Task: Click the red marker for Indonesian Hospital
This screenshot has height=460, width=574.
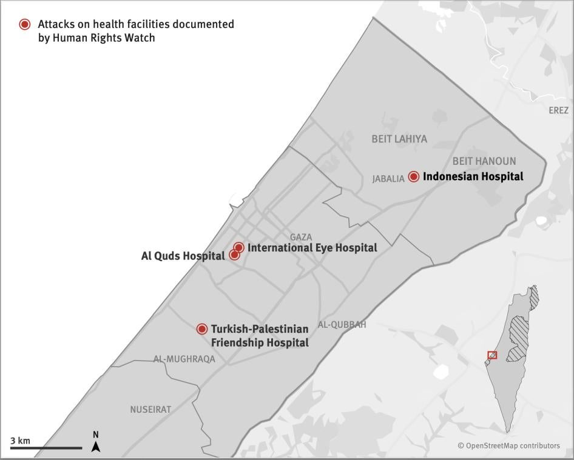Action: (x=414, y=176)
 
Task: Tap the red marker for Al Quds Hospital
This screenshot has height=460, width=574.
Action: (x=234, y=255)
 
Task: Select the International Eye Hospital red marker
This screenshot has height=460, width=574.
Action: (x=239, y=247)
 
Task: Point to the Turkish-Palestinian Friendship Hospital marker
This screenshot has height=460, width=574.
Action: (x=202, y=329)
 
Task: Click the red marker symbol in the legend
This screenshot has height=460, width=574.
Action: (x=25, y=24)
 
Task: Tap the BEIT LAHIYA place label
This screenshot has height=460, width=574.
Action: (x=399, y=139)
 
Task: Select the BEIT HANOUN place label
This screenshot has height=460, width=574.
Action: (x=484, y=161)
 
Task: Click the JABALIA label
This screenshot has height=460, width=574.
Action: (x=388, y=179)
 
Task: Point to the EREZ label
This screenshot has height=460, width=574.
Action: (x=558, y=110)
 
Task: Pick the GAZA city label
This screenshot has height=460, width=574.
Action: (x=301, y=237)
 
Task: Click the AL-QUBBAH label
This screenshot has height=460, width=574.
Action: (x=342, y=325)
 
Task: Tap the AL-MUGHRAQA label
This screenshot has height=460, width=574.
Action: (x=184, y=359)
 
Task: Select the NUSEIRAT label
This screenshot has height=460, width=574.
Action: (x=150, y=410)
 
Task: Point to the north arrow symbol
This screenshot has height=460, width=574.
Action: (x=96, y=447)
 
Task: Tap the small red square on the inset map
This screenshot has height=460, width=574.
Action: (x=492, y=355)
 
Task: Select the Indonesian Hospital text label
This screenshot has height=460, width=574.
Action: (x=473, y=176)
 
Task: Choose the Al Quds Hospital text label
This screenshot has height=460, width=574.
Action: (x=183, y=256)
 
